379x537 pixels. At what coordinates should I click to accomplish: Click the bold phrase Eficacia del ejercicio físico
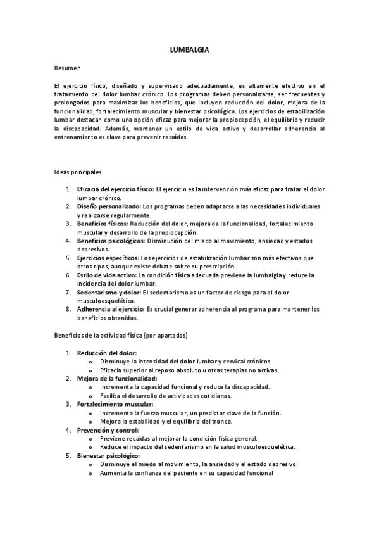115,189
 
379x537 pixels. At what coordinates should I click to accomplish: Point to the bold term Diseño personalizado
109,206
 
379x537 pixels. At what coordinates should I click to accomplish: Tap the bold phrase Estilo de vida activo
106,275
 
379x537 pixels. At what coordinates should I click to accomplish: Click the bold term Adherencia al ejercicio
111,309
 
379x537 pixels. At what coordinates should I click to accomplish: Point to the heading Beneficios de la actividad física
120,334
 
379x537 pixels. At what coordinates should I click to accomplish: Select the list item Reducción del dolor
106,353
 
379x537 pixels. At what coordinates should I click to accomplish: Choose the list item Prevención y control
108,430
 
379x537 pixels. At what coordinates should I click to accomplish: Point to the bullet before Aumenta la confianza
93,473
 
